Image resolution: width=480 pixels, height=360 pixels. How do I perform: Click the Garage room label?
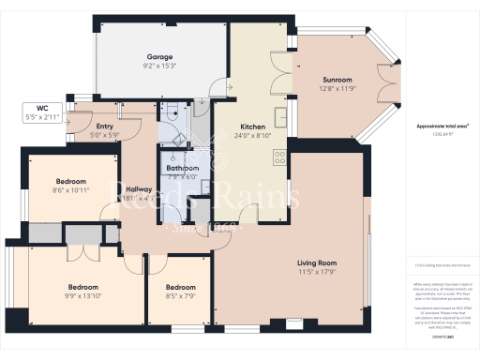pyautogui.click(x=160, y=57)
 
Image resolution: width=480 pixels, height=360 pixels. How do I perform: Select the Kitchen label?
pyautogui.click(x=254, y=127)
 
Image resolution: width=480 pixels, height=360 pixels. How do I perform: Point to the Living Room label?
pyautogui.click(x=317, y=262)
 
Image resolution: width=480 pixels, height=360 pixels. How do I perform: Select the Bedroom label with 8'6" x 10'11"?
pyautogui.click(x=70, y=181)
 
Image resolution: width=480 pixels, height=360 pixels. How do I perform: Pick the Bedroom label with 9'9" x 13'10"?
pyautogui.click(x=83, y=287)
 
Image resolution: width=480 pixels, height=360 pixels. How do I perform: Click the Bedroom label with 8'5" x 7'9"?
pyautogui.click(x=180, y=287)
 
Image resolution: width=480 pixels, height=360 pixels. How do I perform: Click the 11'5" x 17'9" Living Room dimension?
pyautogui.click(x=317, y=271)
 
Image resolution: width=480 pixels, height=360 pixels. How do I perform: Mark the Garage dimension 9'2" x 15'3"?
pyautogui.click(x=160, y=66)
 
